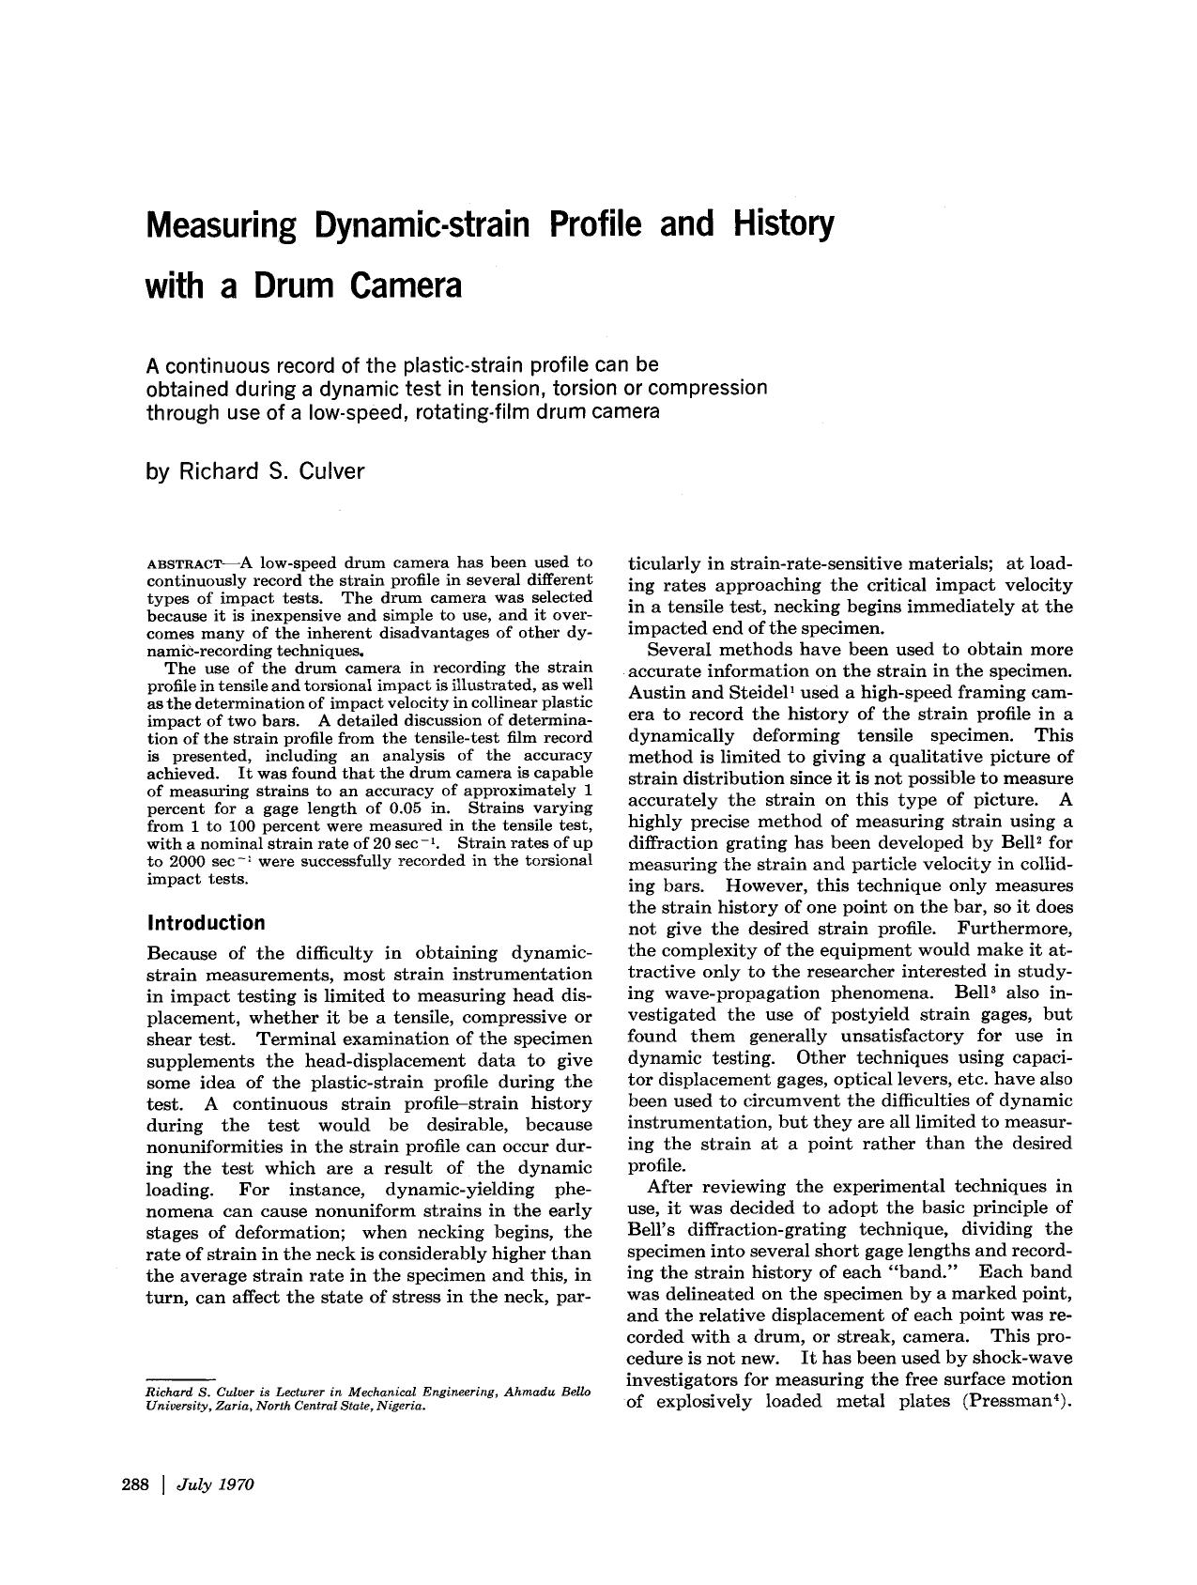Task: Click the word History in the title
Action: [x=776, y=226]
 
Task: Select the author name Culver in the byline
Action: [x=331, y=471]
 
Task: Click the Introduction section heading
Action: [x=207, y=922]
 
